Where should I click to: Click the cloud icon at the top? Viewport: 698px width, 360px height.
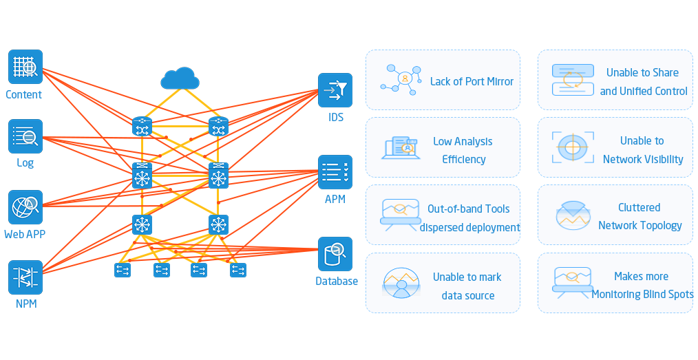click(180, 78)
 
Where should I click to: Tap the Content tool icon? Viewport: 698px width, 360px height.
click(25, 67)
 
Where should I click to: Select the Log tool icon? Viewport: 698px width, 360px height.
click(25, 136)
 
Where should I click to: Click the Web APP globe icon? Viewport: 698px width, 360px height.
click(25, 207)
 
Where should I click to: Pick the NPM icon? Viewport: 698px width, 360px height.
click(25, 277)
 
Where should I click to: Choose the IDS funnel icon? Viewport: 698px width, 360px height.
click(335, 90)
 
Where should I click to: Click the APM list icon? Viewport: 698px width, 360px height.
click(335, 172)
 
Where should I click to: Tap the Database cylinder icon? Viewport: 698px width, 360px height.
click(335, 254)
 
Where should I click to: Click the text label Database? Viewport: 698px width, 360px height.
click(337, 281)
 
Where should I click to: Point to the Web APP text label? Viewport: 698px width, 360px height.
click(25, 234)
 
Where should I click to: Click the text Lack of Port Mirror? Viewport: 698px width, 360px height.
click(472, 81)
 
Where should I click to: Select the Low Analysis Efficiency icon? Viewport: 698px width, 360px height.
click(400, 147)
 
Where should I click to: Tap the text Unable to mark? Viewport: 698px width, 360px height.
click(467, 277)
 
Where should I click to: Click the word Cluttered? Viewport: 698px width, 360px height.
click(639, 207)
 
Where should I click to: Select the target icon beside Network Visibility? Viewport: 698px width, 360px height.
click(571, 147)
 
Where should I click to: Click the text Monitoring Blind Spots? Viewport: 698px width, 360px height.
click(642, 295)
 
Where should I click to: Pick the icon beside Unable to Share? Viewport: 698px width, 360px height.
click(572, 79)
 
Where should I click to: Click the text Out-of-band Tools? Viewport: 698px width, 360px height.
click(469, 209)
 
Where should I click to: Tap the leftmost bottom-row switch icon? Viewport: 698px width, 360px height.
click(123, 271)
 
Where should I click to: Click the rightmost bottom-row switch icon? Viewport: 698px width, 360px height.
click(238, 271)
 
